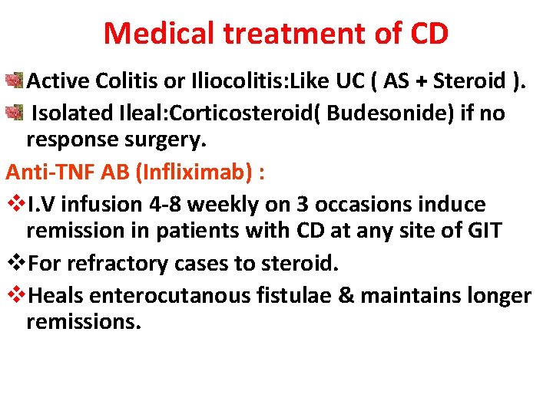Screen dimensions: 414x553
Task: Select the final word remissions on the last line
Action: click(84, 322)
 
